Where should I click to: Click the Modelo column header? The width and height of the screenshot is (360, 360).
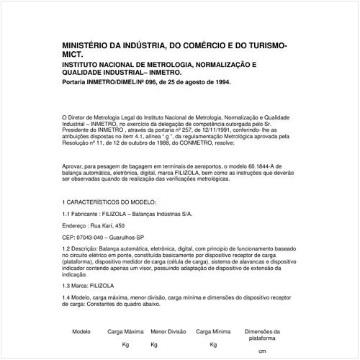click(x=81, y=331)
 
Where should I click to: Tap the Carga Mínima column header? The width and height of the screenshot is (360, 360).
click(x=213, y=331)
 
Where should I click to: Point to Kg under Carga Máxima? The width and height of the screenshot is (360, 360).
click(x=125, y=344)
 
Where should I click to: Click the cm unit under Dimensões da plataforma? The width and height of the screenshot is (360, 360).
click(x=261, y=351)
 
